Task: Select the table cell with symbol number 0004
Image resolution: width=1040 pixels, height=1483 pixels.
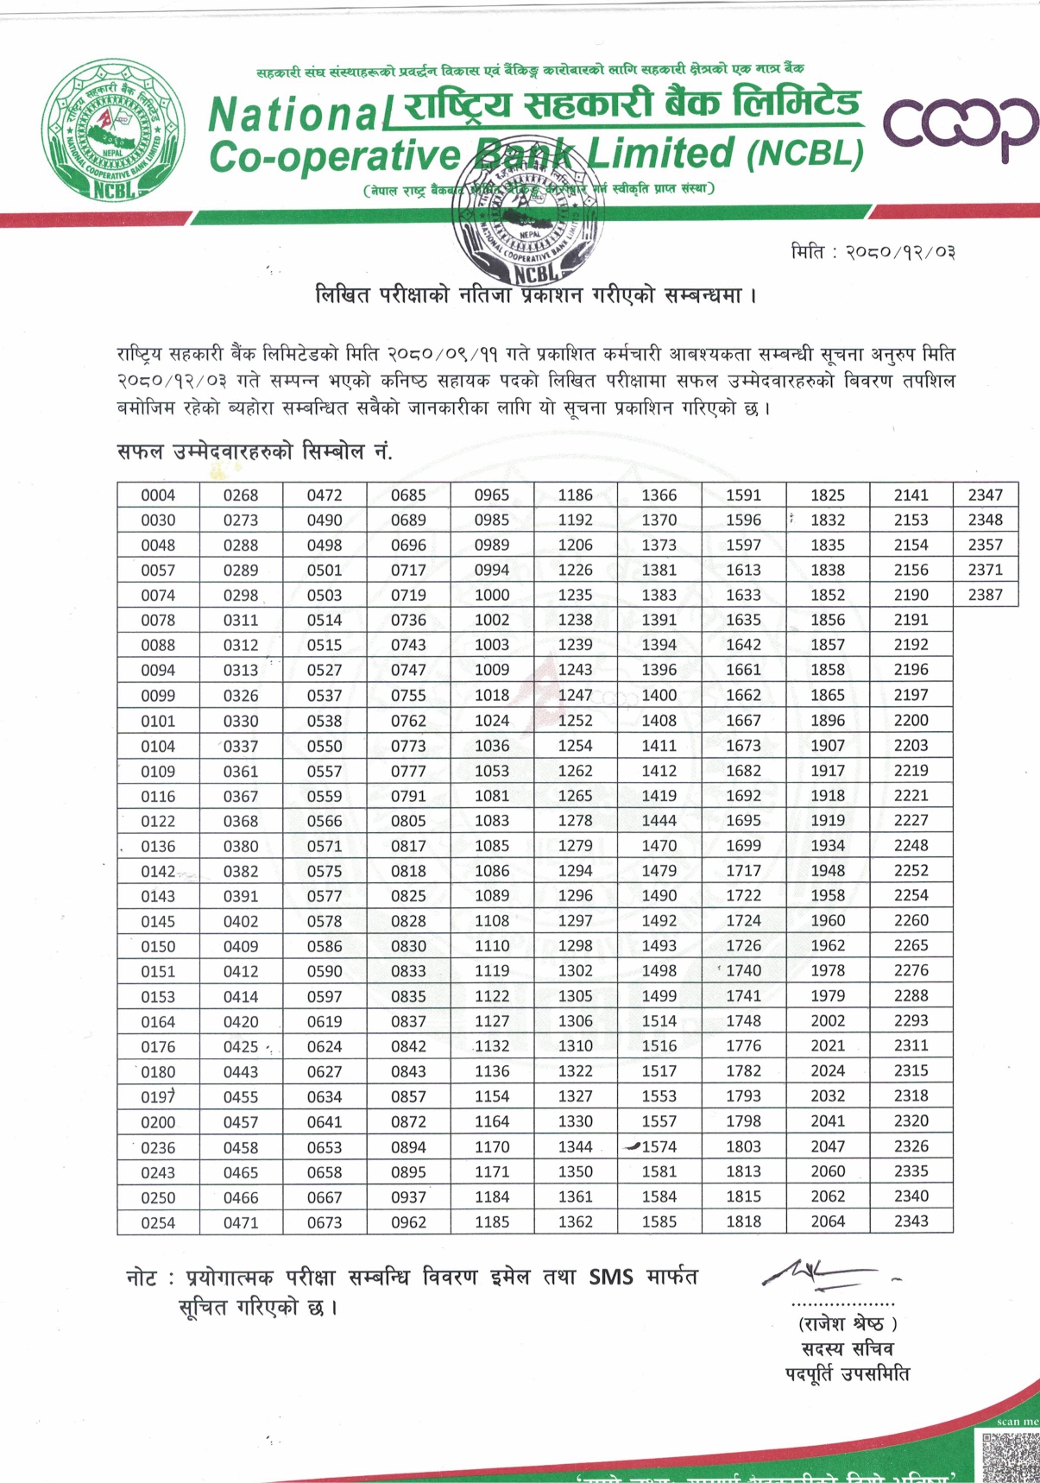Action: point(158,495)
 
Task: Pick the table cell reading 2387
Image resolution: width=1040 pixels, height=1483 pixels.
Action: point(985,595)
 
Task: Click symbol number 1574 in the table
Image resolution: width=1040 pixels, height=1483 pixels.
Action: point(659,1147)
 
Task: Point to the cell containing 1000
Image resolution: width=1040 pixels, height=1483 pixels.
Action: point(492,595)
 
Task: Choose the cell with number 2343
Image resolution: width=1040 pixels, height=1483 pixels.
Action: point(911,1221)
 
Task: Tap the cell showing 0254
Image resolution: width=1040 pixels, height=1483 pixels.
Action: point(158,1222)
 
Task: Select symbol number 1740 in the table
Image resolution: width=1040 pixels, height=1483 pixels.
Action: point(743,971)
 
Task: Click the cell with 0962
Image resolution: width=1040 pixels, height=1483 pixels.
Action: point(408,1222)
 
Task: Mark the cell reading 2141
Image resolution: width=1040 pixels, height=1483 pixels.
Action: point(911,495)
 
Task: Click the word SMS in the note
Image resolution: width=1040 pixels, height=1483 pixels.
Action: point(611,1277)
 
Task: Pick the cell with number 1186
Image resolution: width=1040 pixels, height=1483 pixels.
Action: point(575,495)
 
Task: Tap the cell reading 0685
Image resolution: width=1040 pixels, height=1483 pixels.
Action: point(408,495)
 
